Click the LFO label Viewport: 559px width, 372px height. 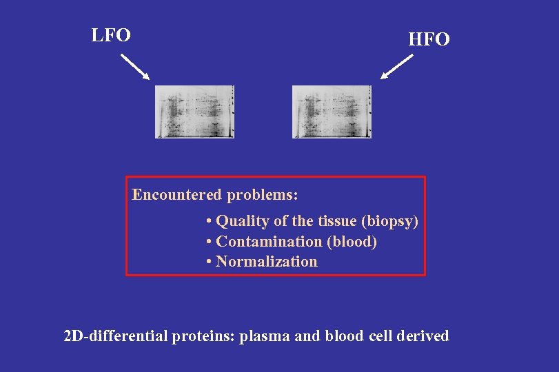[x=111, y=35]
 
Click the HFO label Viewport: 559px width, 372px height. [x=429, y=40]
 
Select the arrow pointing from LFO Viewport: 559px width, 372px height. [x=135, y=68]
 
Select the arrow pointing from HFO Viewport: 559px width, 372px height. [x=396, y=67]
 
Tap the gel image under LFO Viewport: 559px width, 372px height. [x=194, y=112]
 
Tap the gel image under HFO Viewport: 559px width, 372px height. [x=332, y=112]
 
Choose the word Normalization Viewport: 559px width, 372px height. [x=267, y=262]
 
